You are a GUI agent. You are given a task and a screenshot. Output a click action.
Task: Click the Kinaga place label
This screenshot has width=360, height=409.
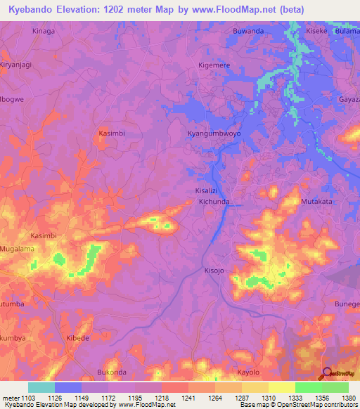click(x=44, y=32)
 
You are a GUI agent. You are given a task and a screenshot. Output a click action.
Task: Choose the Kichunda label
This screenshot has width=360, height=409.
click(x=214, y=202)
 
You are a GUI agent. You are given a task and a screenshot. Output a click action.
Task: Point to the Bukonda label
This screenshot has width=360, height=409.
click(x=111, y=371)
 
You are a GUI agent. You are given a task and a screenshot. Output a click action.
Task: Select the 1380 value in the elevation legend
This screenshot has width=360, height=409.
click(x=347, y=398)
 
